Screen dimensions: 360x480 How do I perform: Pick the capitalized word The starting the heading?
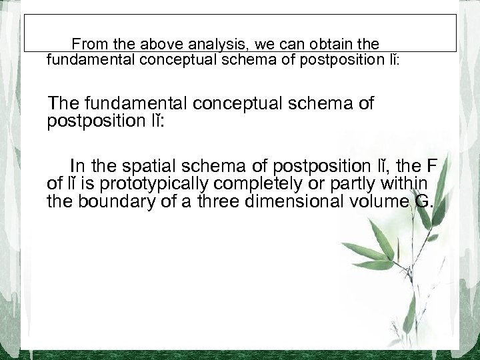coord(65,104)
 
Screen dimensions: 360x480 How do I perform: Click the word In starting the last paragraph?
coord(77,167)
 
